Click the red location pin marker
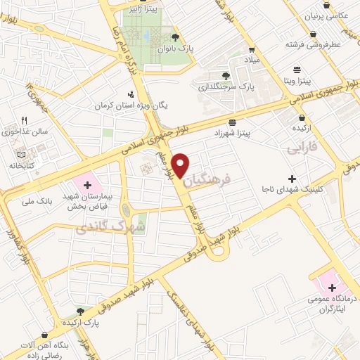181,164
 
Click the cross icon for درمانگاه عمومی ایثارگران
332,288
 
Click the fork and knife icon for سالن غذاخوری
24,120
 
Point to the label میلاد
252,61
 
